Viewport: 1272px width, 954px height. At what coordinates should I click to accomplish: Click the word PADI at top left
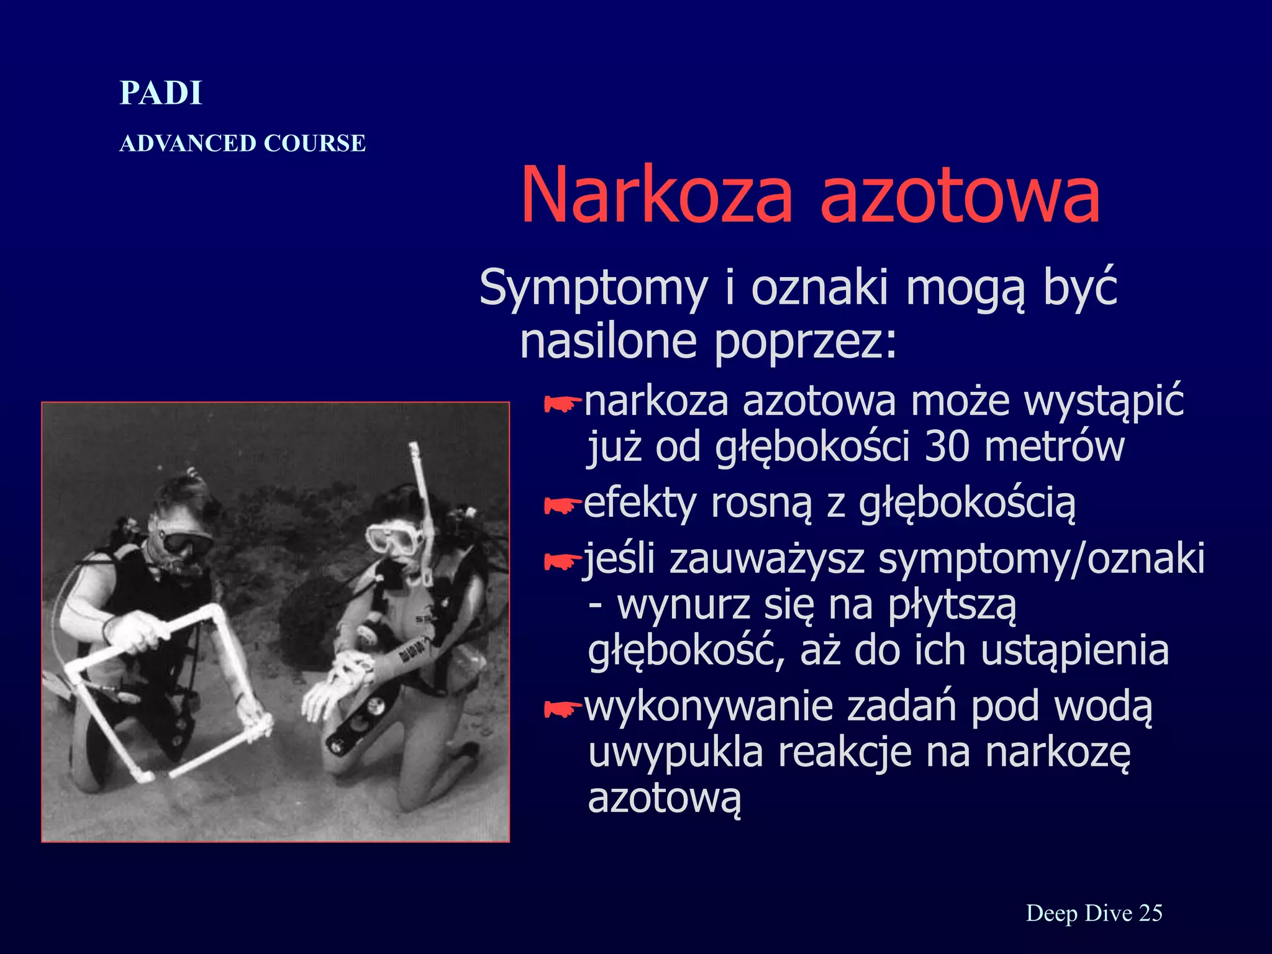click(161, 93)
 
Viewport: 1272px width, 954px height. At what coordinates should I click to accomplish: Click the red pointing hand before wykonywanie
click(561, 708)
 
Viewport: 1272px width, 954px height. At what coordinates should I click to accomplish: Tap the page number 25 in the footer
click(1150, 913)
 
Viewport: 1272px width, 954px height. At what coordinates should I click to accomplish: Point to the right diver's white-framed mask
click(393, 537)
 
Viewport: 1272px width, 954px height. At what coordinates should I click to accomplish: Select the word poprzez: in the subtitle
click(806, 342)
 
